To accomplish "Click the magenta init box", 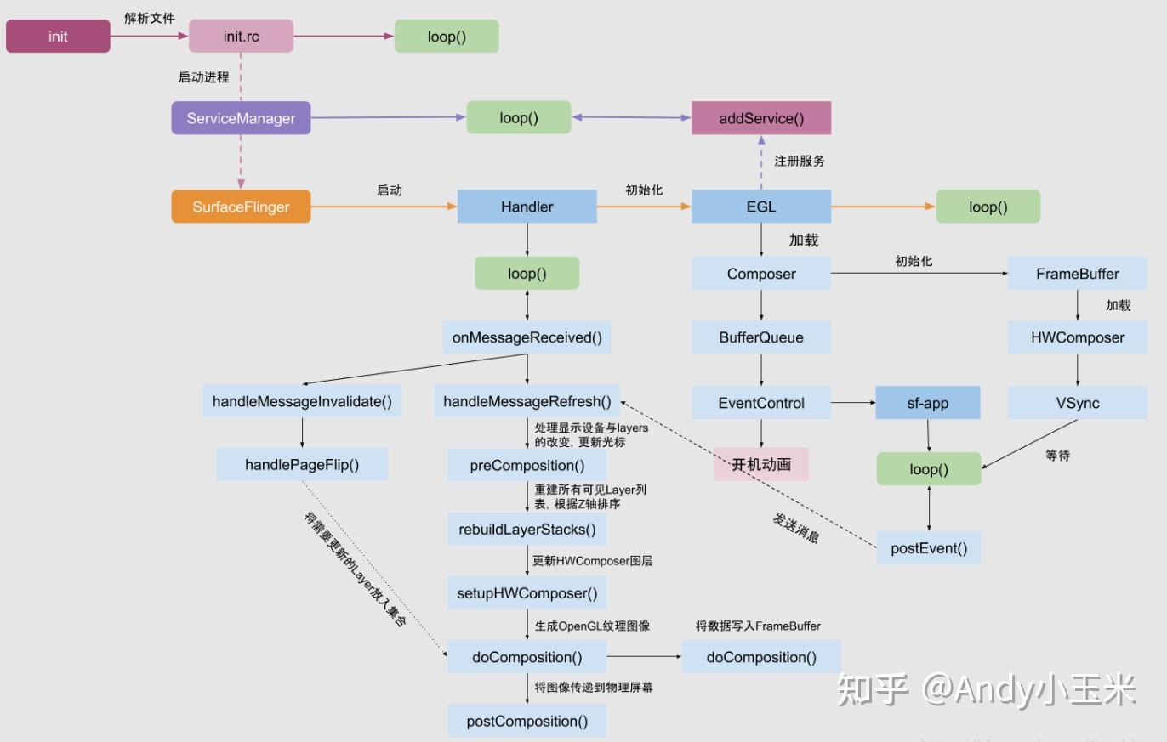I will point(58,37).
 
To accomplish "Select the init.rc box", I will point(241,37).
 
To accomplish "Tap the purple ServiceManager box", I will point(241,118).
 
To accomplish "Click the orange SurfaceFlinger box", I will point(241,207).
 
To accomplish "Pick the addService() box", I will point(760,118).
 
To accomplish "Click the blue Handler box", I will point(527,207).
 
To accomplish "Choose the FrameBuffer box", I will point(1077,274).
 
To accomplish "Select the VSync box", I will point(1077,403).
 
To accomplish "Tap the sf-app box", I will point(927,403).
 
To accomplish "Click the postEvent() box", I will point(929,548).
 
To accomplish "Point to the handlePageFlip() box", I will point(302,465).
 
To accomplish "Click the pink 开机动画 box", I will point(760,464).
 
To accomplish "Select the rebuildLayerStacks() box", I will point(527,530).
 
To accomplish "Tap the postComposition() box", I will point(527,722).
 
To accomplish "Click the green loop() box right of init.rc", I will point(446,37).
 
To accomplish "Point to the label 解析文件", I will point(149,18).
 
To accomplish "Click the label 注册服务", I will point(799,161).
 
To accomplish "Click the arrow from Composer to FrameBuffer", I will point(919,274).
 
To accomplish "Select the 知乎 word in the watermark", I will point(872,689).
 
